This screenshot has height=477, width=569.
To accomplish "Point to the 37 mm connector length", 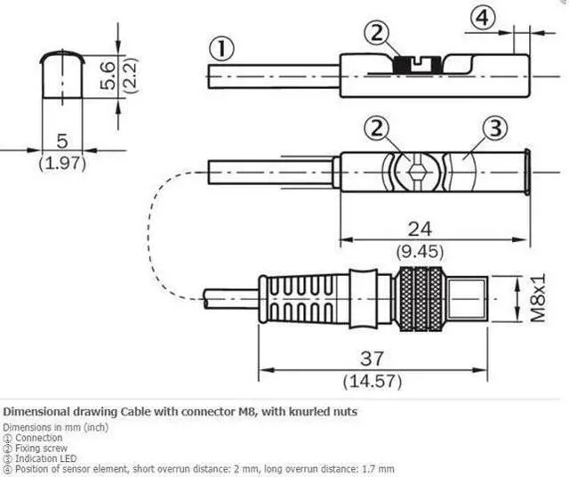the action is [372, 359].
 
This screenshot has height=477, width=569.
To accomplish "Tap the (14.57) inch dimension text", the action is [372, 380].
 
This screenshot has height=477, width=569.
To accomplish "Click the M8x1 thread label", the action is [536, 298].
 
